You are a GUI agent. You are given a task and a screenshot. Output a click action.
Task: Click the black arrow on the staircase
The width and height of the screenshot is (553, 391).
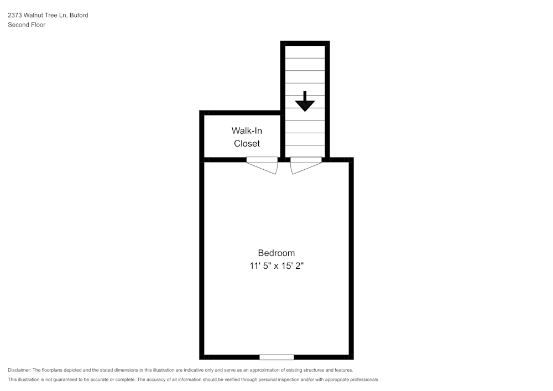pyautogui.click(x=305, y=102)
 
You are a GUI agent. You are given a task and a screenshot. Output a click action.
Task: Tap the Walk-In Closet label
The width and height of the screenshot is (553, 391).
pyautogui.click(x=247, y=137)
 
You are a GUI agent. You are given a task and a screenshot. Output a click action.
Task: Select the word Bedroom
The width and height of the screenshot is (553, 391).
pyautogui.click(x=276, y=253)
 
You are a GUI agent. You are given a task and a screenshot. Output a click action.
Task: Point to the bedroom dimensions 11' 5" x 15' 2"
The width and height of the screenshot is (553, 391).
pyautogui.click(x=276, y=266)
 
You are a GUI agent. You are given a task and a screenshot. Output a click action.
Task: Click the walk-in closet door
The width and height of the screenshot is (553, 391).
pyautogui.click(x=262, y=165)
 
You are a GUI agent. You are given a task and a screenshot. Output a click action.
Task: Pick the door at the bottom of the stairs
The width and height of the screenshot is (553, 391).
pyautogui.click(x=306, y=165)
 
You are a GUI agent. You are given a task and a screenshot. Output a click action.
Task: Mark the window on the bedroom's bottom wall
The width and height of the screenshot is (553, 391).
pyautogui.click(x=276, y=357)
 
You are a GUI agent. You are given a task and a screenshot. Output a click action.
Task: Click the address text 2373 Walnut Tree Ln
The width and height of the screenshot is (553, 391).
pyautogui.click(x=36, y=15)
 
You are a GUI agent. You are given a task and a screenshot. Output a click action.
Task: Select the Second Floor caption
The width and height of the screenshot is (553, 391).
pyautogui.click(x=27, y=25)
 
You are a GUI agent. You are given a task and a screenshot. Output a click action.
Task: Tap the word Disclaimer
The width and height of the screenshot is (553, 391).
pyautogui.click(x=19, y=370)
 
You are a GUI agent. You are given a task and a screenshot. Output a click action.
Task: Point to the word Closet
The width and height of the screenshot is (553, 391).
pyautogui.click(x=247, y=144)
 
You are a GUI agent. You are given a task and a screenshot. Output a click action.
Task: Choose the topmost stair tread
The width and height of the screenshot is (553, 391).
pyautogui.click(x=305, y=52)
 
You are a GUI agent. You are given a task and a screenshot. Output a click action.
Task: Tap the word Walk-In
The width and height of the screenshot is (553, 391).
pyautogui.click(x=247, y=131)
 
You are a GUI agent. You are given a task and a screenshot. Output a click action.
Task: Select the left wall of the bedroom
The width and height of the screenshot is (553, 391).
pyautogui.click(x=202, y=260)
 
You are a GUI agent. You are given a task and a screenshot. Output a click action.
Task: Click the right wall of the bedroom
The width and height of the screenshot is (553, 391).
pyautogui.click(x=351, y=260)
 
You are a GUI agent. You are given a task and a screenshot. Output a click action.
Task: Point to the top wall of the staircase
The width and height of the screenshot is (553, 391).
pyautogui.click(x=305, y=43)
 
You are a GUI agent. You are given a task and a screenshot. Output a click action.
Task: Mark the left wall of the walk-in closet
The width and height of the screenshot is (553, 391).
pyautogui.click(x=202, y=135)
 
